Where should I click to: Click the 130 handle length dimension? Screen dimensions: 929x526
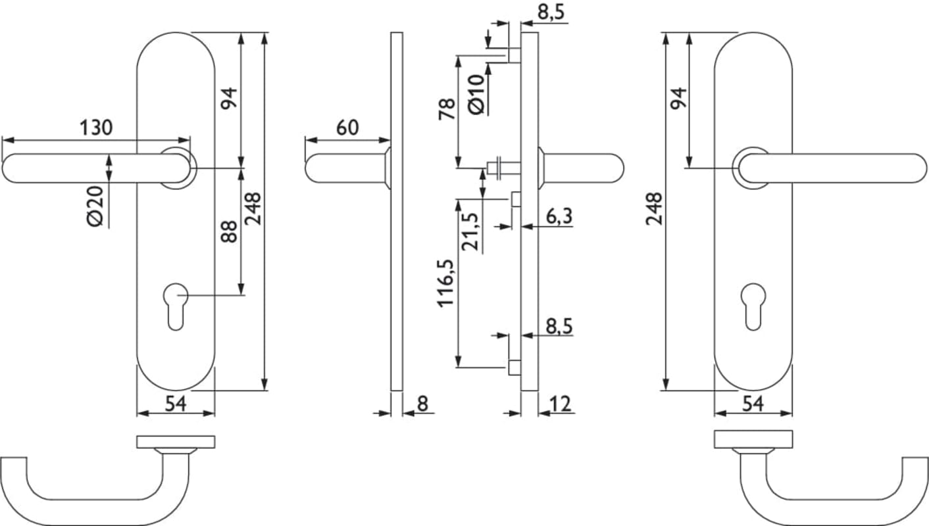(x=96, y=128)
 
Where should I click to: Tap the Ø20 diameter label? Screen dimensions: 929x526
(x=95, y=206)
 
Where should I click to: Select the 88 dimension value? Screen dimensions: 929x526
(x=229, y=231)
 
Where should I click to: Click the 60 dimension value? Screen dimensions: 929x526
(x=347, y=128)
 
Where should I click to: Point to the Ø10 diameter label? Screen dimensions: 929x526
(x=476, y=95)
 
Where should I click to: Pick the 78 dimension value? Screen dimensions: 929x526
(x=447, y=109)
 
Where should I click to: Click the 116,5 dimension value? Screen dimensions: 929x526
(x=446, y=283)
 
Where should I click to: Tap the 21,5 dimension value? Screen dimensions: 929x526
(x=470, y=231)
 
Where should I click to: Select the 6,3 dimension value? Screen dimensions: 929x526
(x=559, y=216)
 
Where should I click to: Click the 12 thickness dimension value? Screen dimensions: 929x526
(x=561, y=404)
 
